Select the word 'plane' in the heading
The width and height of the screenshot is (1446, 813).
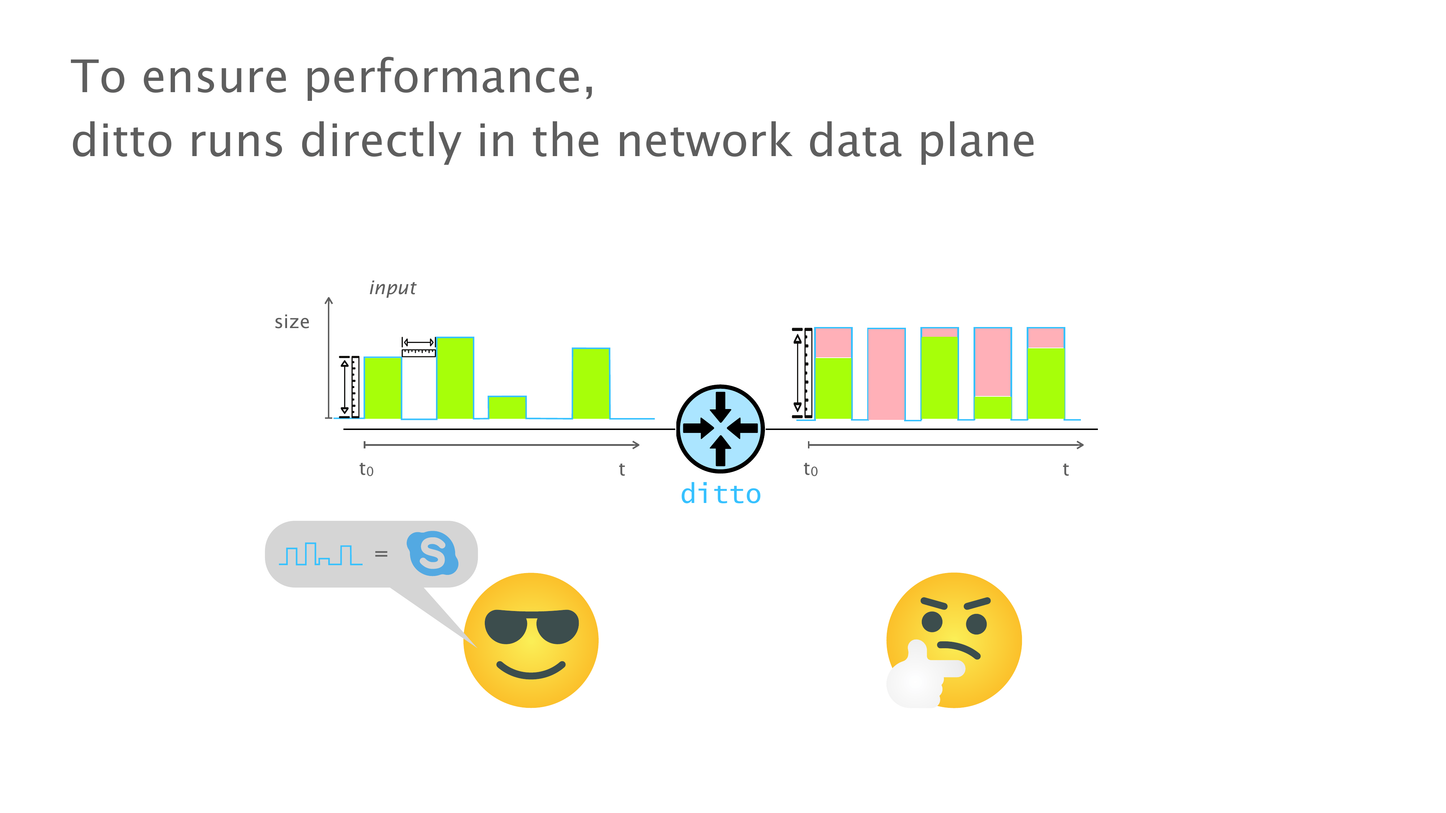coord(977,141)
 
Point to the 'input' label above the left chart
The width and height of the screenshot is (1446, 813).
coord(392,288)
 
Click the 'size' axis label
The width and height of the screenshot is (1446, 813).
coord(292,322)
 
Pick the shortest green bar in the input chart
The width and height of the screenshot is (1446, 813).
coord(507,407)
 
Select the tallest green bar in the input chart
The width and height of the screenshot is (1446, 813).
coord(455,378)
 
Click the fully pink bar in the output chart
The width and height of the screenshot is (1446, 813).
coord(886,374)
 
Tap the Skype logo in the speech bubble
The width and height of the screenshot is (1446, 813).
coord(432,553)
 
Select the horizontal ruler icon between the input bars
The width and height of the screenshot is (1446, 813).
coord(419,347)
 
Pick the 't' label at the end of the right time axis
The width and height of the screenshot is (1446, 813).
coord(1065,469)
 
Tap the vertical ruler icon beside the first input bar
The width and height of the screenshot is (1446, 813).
coord(349,387)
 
